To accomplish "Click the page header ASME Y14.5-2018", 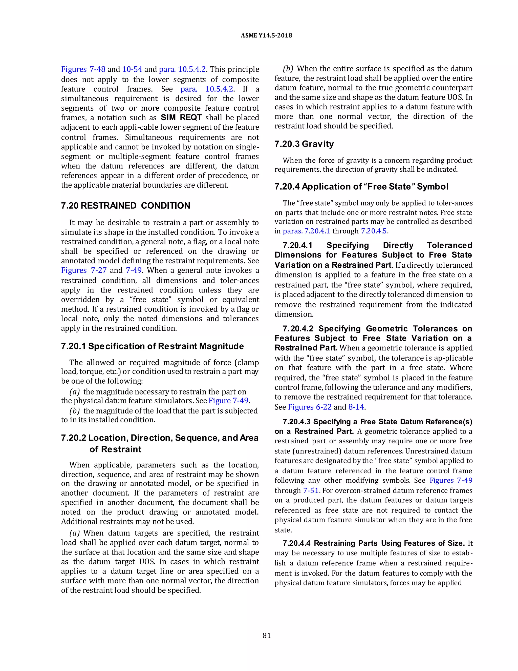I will (266, 35).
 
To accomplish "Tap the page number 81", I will (267, 635).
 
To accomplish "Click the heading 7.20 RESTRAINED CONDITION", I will (125, 206).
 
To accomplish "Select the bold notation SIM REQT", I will (181, 118).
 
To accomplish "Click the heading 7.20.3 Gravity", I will (304, 144).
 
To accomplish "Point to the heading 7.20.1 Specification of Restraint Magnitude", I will (152, 346).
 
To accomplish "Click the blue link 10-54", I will (132, 69).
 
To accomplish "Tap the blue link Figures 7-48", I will (83, 69).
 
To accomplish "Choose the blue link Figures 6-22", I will (310, 407).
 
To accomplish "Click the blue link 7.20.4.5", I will (374, 231).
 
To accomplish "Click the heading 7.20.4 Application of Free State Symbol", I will (361, 187).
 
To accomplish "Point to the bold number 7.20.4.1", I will (297, 245).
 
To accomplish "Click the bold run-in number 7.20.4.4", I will (296, 543).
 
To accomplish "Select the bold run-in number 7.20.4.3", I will (296, 422).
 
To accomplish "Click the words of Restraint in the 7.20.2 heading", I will (115, 449).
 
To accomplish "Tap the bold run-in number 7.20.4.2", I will (298, 329).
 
